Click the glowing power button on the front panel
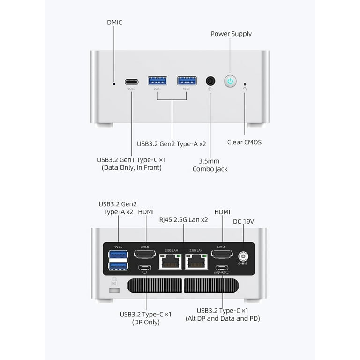click(x=230, y=81)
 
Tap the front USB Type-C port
click(x=132, y=81)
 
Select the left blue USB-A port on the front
click(x=157, y=81)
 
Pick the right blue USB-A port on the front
click(x=187, y=81)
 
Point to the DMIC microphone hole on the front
click(x=114, y=84)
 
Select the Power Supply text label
click(x=231, y=34)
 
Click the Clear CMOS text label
click(x=244, y=142)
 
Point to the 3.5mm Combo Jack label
click(x=210, y=165)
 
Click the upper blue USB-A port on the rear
click(x=118, y=255)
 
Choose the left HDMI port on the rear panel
click(x=145, y=255)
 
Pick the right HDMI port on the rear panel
click(x=222, y=255)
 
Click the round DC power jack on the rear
click(x=243, y=256)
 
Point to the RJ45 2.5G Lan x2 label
click(x=183, y=219)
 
